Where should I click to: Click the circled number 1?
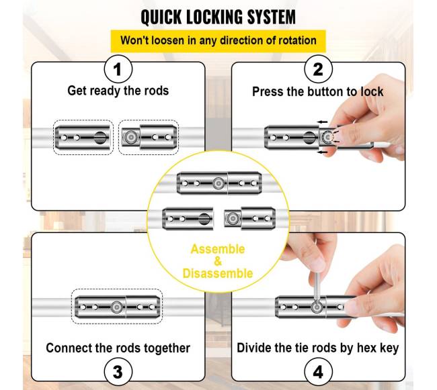tap(118, 69)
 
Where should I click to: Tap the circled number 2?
tap(318, 69)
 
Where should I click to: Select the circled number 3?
tap(118, 370)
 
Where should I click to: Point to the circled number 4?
tap(318, 370)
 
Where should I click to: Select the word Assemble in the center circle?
tap(218, 250)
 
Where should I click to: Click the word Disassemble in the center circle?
tap(218, 273)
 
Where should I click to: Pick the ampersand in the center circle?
tap(218, 262)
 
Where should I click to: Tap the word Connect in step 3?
tap(71, 348)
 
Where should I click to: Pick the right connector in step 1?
tap(149, 138)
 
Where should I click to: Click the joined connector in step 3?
tap(118, 307)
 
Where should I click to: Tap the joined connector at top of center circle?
tap(218, 183)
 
